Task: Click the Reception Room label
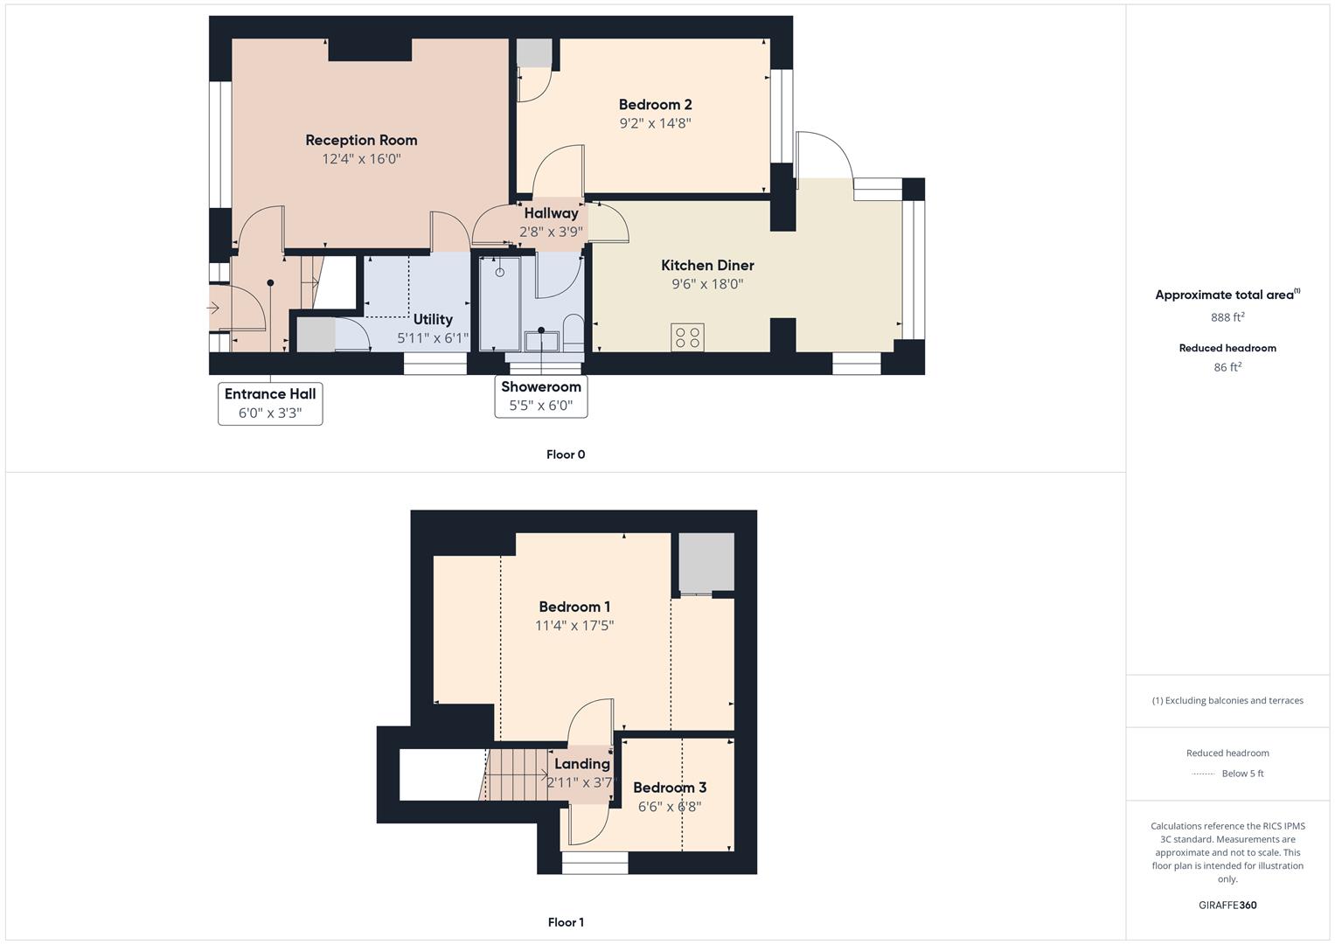point(361,140)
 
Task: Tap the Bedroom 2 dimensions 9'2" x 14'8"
point(655,123)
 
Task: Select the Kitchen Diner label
point(707,265)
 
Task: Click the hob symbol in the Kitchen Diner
point(687,337)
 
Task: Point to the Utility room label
point(433,319)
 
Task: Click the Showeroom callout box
point(541,396)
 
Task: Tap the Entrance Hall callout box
point(270,403)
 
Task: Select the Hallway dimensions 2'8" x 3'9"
point(551,232)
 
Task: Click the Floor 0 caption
point(566,455)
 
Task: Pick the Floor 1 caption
point(566,922)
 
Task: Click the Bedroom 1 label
point(574,607)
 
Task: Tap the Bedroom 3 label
point(670,788)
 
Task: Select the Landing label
point(581,764)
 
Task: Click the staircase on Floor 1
point(516,774)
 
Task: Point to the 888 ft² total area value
point(1227,317)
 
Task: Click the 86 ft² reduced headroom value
point(1227,367)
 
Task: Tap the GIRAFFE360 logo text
point(1227,905)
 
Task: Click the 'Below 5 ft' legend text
point(1242,774)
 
